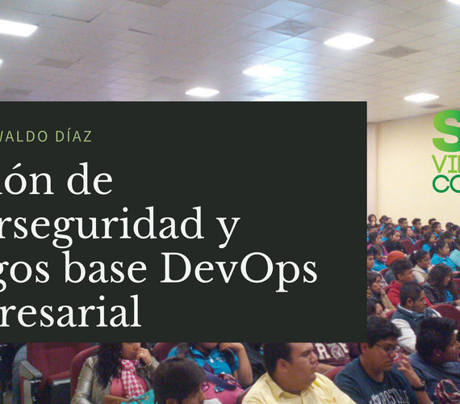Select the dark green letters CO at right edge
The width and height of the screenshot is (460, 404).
446,183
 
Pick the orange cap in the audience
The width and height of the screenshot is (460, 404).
395,257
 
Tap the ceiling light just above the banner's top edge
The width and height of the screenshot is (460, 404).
202,92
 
